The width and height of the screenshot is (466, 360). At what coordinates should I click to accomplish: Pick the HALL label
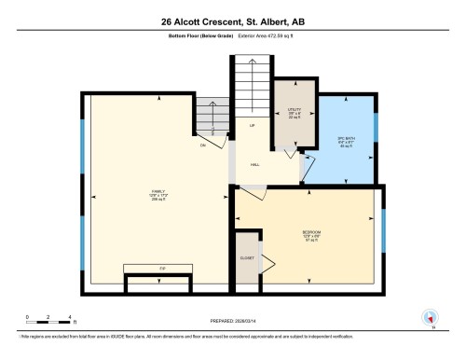tap(254, 165)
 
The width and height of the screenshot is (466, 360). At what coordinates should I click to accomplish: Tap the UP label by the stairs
tap(252, 124)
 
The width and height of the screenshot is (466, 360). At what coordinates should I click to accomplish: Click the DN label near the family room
tap(203, 145)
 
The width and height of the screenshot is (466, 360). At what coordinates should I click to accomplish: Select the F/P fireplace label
tap(161, 268)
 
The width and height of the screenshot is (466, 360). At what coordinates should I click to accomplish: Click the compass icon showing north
tap(431, 315)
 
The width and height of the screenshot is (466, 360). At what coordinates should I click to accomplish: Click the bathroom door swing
tap(307, 169)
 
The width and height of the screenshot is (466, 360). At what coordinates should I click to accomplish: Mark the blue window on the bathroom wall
tap(377, 126)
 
